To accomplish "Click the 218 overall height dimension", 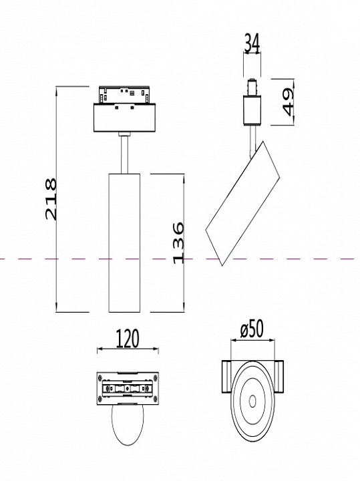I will [x=51, y=198].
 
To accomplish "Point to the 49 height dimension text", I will [x=287, y=102].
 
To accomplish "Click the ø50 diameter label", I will [x=252, y=329].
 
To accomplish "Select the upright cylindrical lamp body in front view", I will [x=123, y=241].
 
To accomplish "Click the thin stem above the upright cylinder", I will [x=124, y=153].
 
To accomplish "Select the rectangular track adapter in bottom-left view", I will [x=128, y=388].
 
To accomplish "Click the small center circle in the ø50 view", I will [x=253, y=401].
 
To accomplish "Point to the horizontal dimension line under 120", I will [x=128, y=349].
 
